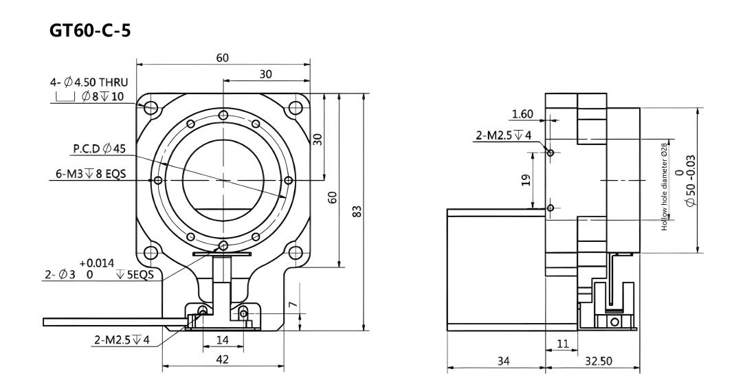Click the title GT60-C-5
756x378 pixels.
pyautogui.click(x=89, y=31)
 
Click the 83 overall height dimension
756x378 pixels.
pyautogui.click(x=357, y=212)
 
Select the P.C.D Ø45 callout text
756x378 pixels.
pyautogui.click(x=100, y=148)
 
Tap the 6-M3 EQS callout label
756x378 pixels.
pyautogui.click(x=88, y=174)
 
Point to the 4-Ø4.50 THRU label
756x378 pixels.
pyautogui.click(x=89, y=82)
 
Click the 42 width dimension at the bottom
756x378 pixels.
pyautogui.click(x=222, y=359)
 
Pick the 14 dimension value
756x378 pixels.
pyautogui.click(x=222, y=340)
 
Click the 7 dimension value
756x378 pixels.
pyautogui.click(x=293, y=304)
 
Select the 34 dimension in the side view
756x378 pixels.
pyautogui.click(x=503, y=361)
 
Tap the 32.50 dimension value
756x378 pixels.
pyautogui.click(x=599, y=361)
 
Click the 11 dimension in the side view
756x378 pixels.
pyautogui.click(x=563, y=344)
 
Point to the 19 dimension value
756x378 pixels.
pyautogui.click(x=526, y=180)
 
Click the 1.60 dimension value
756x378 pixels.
pyautogui.click(x=522, y=114)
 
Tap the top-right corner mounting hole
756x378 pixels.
pyautogui.click(x=295, y=107)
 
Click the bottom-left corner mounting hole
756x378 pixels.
pyautogui.click(x=151, y=252)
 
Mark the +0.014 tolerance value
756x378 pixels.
pyautogui.click(x=97, y=263)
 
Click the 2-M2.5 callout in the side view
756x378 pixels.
pyautogui.click(x=504, y=135)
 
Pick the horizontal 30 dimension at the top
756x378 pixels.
pyautogui.click(x=266, y=74)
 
